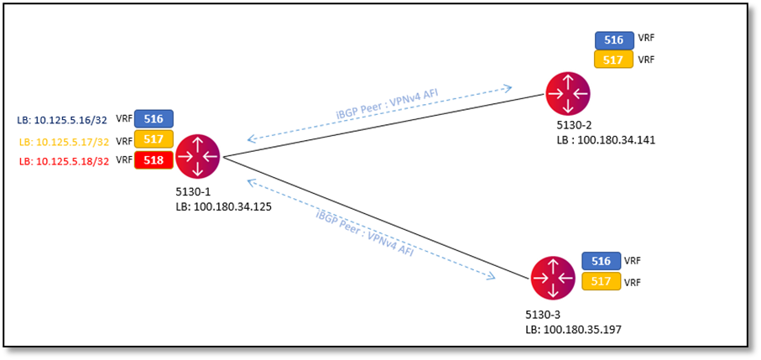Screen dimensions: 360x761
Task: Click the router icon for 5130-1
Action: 197,156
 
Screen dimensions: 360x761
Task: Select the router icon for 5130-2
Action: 568,94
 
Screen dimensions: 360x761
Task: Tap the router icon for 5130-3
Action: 553,278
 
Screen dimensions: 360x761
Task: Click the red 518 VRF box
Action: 154,159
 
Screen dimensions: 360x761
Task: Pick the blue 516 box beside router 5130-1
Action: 154,118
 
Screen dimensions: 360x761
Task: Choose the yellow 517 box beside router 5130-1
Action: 154,139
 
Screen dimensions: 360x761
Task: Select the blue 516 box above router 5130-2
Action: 614,39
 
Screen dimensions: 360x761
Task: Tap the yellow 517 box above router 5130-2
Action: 614,60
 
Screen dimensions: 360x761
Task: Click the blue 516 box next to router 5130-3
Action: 601,261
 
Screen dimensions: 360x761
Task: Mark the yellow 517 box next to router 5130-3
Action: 601,282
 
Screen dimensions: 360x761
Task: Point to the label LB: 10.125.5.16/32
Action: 64,120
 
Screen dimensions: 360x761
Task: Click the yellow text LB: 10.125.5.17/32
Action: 64,141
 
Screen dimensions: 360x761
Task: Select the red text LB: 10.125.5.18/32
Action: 64,161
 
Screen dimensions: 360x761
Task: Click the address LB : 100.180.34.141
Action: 605,139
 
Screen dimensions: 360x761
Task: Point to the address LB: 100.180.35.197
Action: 573,329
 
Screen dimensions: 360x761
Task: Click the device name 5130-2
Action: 574,126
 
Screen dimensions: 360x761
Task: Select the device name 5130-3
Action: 542,315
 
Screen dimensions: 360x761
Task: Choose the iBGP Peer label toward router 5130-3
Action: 364,232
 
